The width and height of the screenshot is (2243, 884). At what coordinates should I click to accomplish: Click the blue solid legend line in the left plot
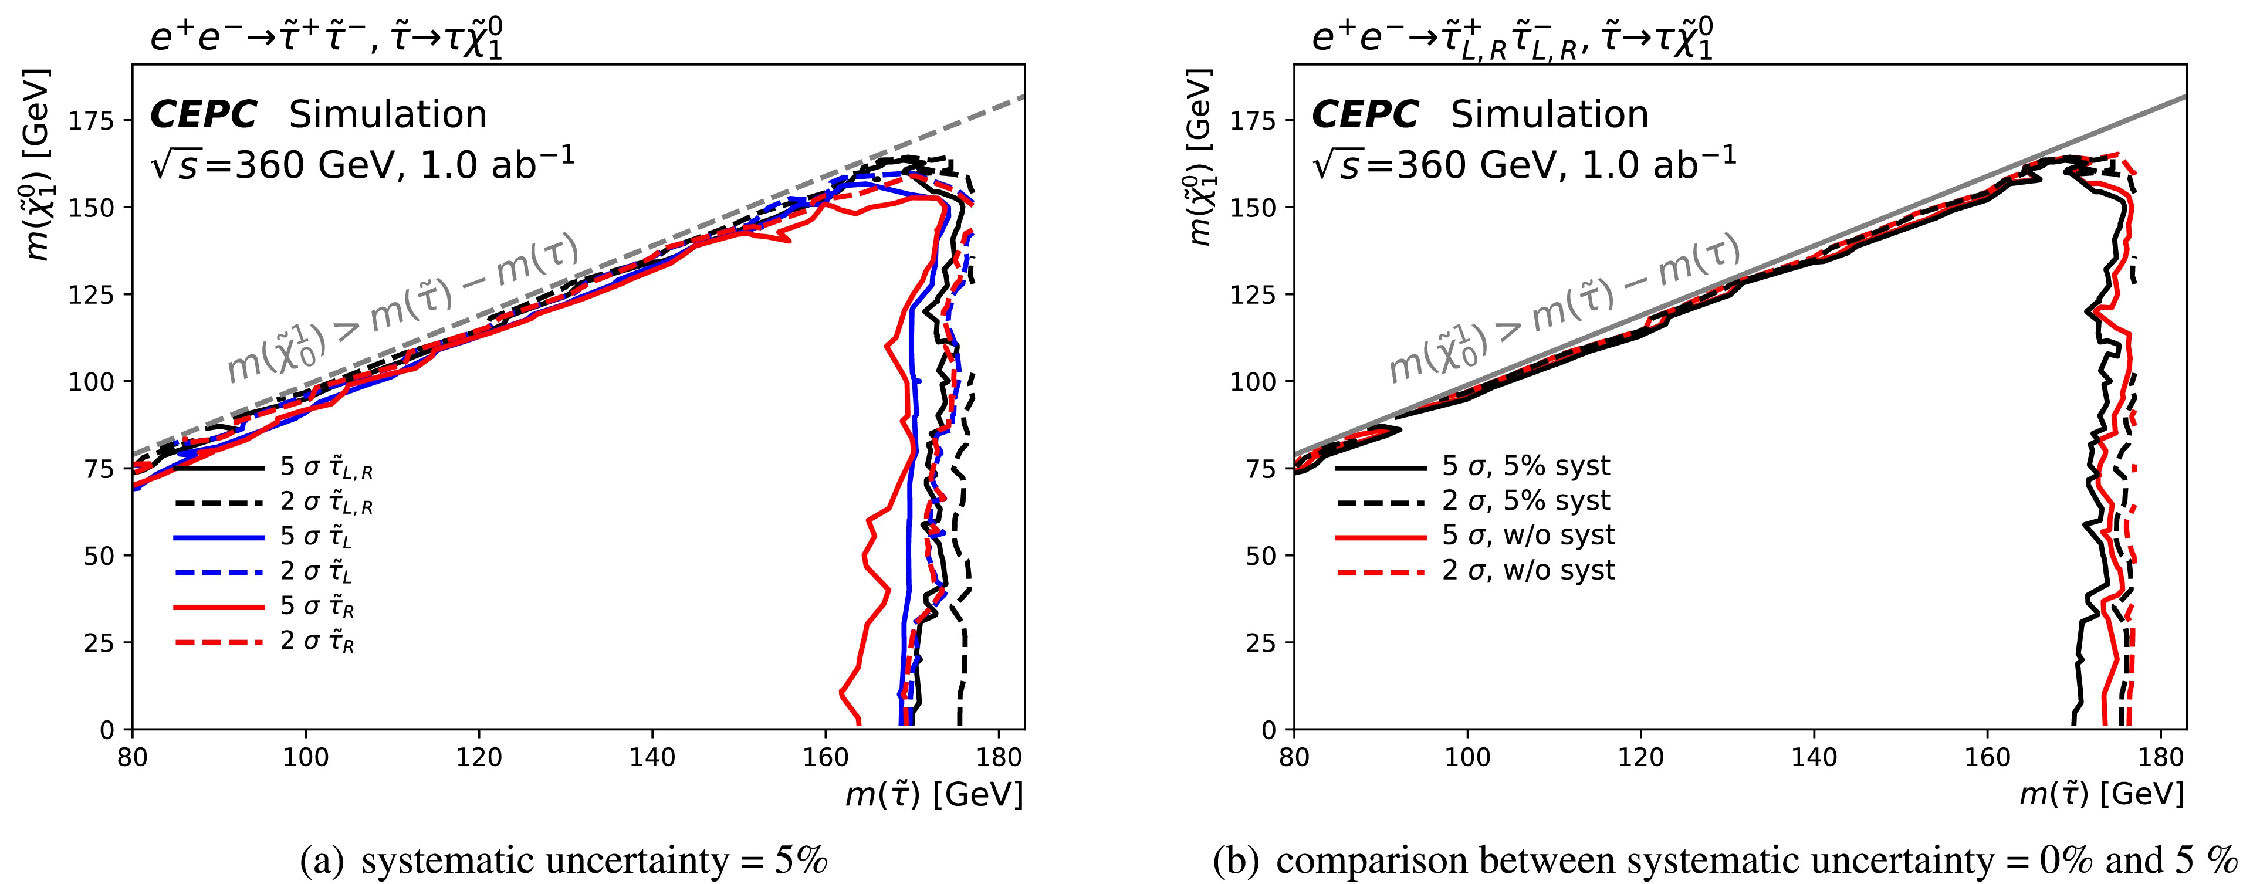click(219, 537)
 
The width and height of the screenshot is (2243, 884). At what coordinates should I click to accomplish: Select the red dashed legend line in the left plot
click(219, 642)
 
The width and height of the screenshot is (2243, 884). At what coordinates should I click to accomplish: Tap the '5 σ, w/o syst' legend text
click(1528, 535)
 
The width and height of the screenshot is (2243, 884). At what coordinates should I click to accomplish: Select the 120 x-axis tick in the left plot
click(479, 757)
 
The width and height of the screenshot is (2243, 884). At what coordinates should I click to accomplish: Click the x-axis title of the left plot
click(933, 794)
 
